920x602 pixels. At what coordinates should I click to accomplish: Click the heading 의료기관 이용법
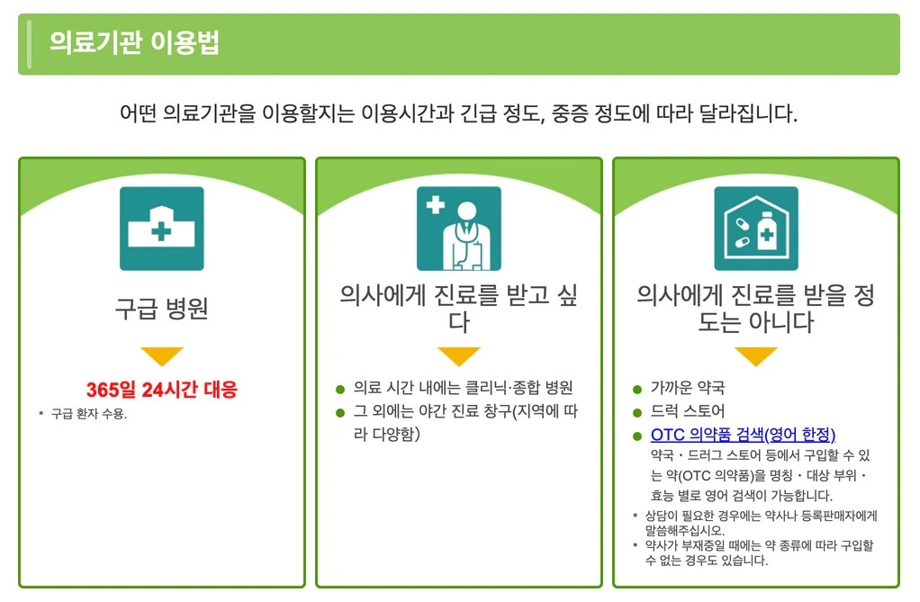pos(134,43)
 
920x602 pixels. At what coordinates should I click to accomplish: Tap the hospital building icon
pos(162,229)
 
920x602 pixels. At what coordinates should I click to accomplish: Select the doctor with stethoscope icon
pos(459,229)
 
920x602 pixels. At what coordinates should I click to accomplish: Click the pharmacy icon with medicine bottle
pos(756,229)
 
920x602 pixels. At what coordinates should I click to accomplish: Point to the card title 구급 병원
pos(162,308)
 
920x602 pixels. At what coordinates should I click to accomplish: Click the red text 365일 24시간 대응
pos(162,389)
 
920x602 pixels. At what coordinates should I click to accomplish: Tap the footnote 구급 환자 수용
pos(88,414)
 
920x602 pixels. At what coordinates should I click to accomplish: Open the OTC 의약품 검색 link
pos(743,435)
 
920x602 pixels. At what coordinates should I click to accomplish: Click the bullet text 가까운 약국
pos(688,388)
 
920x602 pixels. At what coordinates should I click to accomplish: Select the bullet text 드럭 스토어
pos(688,410)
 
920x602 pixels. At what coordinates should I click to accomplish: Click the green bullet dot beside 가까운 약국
pos(637,389)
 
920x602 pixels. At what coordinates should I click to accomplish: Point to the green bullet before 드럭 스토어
pos(637,412)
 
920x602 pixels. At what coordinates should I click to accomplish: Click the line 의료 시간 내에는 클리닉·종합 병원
pos(463,388)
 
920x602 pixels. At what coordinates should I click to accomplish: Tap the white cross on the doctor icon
pos(436,205)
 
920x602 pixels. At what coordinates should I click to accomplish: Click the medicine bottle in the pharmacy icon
pos(766,231)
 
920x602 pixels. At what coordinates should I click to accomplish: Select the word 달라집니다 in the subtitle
pos(748,113)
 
